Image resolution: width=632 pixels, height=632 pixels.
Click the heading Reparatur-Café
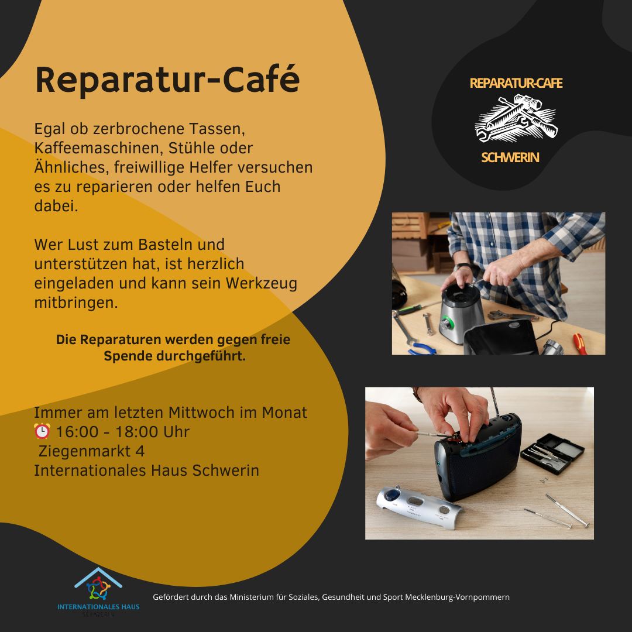click(167, 80)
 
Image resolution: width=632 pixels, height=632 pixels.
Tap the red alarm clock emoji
click(42, 431)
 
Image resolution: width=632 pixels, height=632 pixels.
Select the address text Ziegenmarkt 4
click(91, 451)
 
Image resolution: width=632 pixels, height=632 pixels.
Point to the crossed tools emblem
click(516, 118)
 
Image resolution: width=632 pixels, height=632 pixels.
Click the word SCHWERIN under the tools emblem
click(510, 157)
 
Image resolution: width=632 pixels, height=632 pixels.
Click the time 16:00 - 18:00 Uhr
click(122, 432)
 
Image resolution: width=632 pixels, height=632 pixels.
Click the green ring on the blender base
click(446, 323)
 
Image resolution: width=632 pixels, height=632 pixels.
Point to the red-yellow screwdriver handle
click(579, 344)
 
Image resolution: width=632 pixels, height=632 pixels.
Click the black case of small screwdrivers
click(552, 453)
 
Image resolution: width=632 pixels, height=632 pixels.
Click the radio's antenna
click(496, 402)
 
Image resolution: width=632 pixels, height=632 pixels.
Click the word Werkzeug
click(261, 283)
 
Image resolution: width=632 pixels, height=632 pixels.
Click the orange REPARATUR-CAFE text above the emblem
click(516, 83)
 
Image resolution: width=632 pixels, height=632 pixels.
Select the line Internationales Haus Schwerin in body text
click(146, 470)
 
